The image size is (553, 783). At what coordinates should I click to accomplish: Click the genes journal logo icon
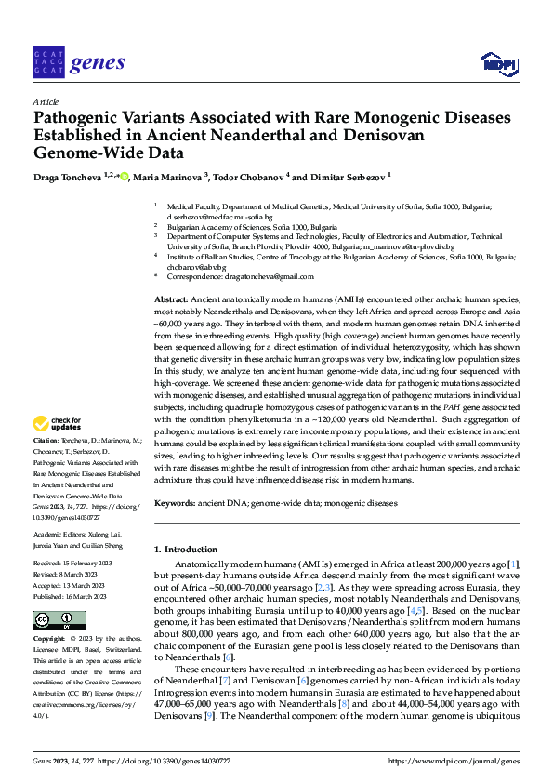click(x=48, y=62)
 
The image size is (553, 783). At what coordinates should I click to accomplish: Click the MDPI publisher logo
click(x=497, y=63)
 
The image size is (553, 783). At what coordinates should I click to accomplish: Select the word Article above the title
click(x=45, y=101)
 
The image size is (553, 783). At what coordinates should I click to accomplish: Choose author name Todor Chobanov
click(x=249, y=176)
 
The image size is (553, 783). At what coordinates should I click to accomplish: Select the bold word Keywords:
click(x=176, y=503)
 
